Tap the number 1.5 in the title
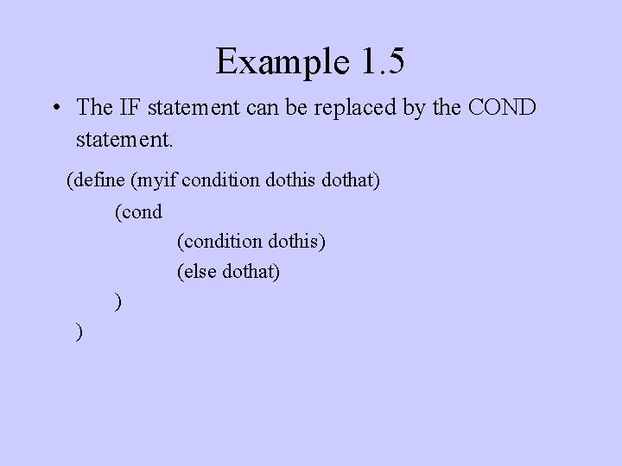378,61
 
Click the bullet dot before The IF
54,109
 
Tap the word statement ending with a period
116,137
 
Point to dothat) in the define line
351,180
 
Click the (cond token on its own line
138,211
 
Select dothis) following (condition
298,242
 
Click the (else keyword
197,272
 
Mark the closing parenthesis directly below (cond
118,302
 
